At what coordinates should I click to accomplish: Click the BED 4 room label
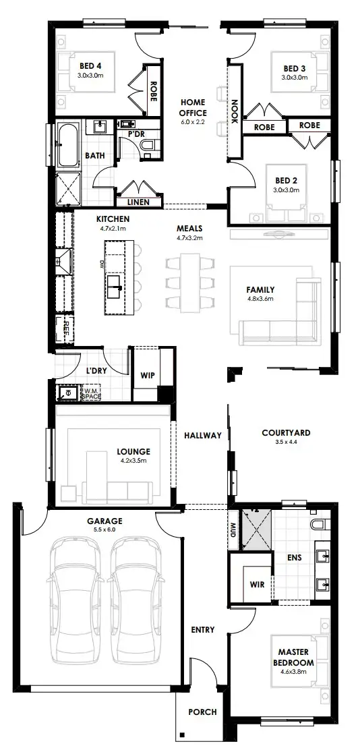tap(90, 65)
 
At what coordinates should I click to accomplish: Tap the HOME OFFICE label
tap(193, 107)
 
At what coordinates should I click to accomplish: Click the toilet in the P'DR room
tap(151, 145)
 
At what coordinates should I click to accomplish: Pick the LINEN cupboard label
tap(139, 202)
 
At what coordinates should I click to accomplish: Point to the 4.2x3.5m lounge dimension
tap(133, 461)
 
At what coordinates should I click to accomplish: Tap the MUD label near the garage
tap(233, 526)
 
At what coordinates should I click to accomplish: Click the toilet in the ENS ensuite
tap(318, 523)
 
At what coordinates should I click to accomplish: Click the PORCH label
tap(202, 712)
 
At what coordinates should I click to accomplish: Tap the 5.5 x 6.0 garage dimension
tap(104, 530)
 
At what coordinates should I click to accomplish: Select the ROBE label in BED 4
tap(153, 91)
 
